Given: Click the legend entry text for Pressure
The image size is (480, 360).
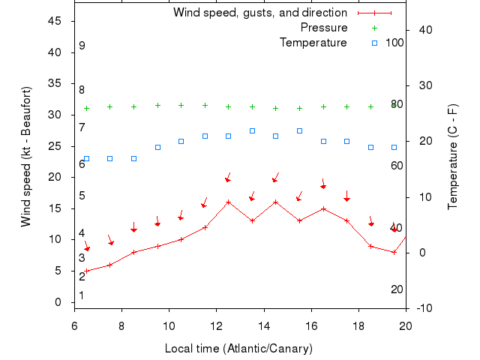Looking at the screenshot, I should click(324, 28).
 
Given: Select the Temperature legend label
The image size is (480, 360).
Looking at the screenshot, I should click(313, 43).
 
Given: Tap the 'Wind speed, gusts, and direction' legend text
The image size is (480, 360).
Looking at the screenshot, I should click(260, 13).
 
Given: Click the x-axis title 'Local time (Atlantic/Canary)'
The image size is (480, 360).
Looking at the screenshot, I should click(238, 349).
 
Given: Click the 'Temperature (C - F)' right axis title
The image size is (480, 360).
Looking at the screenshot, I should click(452, 156).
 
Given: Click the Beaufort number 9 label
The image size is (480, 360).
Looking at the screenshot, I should click(82, 46).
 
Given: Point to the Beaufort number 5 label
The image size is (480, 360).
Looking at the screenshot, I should click(82, 196).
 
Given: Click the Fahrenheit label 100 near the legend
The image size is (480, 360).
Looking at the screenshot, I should click(394, 43).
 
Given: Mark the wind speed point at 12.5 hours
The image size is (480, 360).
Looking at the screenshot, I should click(229, 202).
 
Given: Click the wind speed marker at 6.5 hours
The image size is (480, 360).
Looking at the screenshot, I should click(86, 271).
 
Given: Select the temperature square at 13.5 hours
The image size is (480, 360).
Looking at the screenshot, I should click(252, 130).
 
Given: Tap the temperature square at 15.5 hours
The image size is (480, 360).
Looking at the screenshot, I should click(299, 130).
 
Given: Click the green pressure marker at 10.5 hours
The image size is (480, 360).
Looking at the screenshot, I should click(181, 106).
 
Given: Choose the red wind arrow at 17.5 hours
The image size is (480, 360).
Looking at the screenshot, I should click(346, 196).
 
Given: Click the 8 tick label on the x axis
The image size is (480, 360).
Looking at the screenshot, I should click(122, 325).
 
